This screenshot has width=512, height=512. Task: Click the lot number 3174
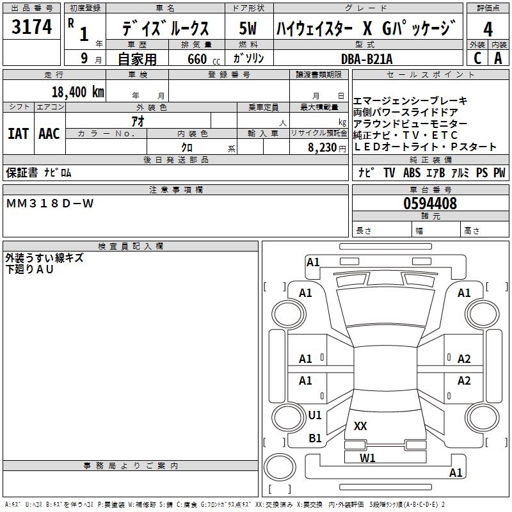pyautogui.click(x=32, y=28)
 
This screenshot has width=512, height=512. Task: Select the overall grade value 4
pyautogui.click(x=488, y=29)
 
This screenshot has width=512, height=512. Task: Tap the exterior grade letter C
pyautogui.click(x=477, y=58)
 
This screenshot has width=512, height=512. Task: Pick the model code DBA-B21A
pyautogui.click(x=367, y=58)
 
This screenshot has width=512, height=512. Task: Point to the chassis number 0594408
pyautogui.click(x=430, y=204)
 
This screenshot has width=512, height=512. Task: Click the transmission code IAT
pyautogui.click(x=19, y=134)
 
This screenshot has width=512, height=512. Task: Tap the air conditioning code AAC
pyautogui.click(x=49, y=134)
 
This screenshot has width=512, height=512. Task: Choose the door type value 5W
pyautogui.click(x=248, y=29)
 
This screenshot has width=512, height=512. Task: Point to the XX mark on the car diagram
pyautogui.click(x=360, y=426)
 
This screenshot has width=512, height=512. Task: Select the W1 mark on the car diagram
pyautogui.click(x=367, y=458)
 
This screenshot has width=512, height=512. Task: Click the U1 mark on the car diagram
pyautogui.click(x=315, y=415)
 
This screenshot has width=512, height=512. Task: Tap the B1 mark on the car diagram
pyautogui.click(x=315, y=438)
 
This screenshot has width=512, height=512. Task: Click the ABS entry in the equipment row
pyautogui.click(x=412, y=173)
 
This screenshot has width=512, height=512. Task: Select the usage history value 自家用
pyautogui.click(x=138, y=59)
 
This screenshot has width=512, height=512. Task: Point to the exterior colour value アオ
pyautogui.click(x=138, y=120)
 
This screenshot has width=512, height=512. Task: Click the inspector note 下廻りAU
pyautogui.click(x=30, y=269)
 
